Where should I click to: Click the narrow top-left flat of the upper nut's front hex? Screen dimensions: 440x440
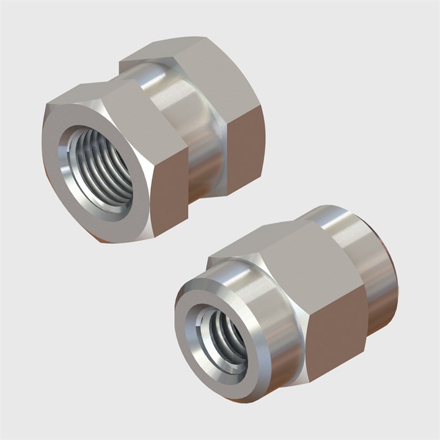coord(67,104)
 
